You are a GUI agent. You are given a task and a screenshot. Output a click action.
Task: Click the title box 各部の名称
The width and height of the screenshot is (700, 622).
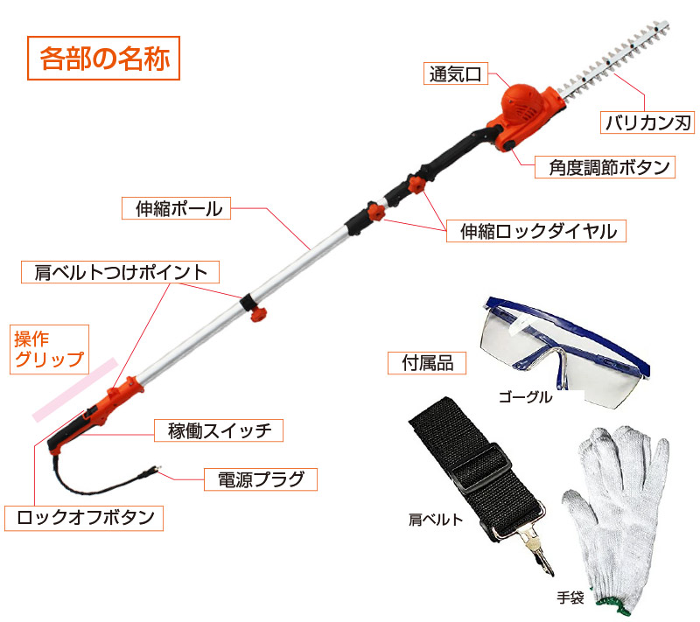click(x=103, y=58)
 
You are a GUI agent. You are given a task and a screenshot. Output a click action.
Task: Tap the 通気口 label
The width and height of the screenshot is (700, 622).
click(x=455, y=73)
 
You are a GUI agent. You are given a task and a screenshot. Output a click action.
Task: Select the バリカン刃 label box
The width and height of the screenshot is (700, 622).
click(x=647, y=122)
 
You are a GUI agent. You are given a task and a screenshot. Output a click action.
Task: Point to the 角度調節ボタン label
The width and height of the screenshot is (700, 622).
click(x=605, y=167)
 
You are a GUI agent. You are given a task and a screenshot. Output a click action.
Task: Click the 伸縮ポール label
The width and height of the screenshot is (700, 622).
click(x=177, y=208)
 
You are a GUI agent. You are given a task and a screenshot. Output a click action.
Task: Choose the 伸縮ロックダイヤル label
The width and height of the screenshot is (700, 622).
click(x=536, y=231)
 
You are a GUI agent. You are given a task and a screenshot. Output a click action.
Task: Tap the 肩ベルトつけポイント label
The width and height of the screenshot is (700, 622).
click(x=120, y=272)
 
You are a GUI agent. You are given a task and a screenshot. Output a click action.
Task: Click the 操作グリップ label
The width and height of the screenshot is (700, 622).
click(x=49, y=349)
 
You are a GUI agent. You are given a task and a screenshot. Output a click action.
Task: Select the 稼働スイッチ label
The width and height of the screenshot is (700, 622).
click(x=219, y=430)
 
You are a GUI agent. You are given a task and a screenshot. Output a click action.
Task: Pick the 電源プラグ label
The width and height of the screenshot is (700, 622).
click(x=261, y=479)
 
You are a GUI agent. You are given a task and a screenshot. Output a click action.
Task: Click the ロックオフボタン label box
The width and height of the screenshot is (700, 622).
click(x=84, y=518)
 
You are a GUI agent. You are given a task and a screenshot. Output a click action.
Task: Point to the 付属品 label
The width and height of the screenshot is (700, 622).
click(x=427, y=363)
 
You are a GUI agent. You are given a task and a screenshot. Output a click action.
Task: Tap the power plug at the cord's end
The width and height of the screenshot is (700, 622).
click(x=150, y=471)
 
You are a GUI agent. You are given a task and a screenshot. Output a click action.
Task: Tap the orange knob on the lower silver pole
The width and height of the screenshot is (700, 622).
click(x=257, y=314)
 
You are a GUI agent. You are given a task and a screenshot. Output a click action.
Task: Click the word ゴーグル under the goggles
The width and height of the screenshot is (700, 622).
click(x=525, y=396)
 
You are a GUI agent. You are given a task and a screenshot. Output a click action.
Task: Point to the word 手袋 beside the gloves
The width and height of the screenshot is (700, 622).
click(x=570, y=598)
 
